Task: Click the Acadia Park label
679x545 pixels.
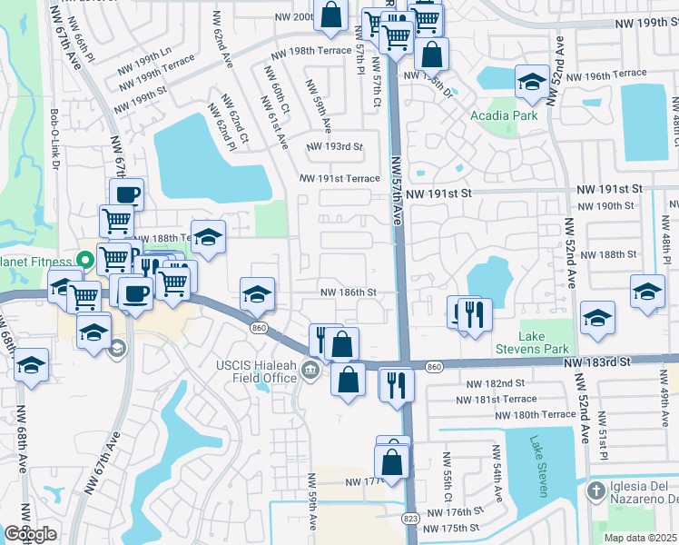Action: coord(504,115)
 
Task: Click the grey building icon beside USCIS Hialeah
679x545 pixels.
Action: coord(310,368)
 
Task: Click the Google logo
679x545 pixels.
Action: coord(30,534)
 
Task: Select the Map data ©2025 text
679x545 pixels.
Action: coord(641,538)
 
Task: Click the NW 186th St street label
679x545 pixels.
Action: coord(348,292)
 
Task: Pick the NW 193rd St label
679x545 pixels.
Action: coord(334,146)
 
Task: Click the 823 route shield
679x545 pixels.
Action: coord(410,518)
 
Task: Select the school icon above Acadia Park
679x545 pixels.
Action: coord(531,83)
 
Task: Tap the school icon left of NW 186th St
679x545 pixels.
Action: coord(257,293)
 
